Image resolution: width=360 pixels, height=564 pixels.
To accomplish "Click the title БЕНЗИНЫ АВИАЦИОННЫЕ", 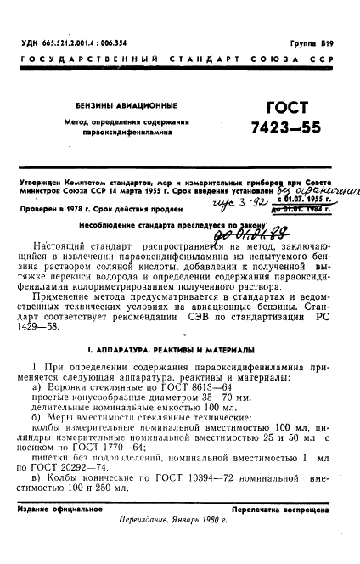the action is point(132,105).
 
